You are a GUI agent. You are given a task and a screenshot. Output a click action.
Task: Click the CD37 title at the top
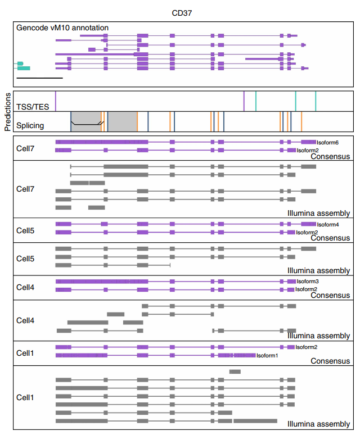(182, 12)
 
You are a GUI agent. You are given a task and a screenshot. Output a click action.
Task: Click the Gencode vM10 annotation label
(62, 28)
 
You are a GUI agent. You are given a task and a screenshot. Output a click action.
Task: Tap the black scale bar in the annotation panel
(39, 78)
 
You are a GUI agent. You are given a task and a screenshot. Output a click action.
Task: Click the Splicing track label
(30, 125)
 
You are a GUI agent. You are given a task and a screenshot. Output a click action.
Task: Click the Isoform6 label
(327, 143)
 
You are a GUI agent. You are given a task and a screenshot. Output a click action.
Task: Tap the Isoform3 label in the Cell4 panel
(308, 282)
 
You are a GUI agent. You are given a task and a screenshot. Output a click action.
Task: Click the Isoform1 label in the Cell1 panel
(267, 356)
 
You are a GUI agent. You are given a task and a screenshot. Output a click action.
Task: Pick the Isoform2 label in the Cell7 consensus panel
(308, 151)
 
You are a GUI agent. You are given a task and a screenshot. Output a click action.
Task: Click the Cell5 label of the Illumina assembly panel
(25, 259)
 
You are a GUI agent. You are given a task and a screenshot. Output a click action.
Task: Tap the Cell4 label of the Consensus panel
(25, 287)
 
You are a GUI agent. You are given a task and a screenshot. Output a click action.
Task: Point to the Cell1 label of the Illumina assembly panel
(25, 397)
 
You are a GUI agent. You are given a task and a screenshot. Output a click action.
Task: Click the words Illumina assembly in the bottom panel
(318, 424)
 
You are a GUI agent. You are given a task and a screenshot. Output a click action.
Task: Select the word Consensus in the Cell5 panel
(330, 238)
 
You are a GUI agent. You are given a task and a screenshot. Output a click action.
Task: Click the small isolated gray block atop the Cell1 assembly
(235, 371)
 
